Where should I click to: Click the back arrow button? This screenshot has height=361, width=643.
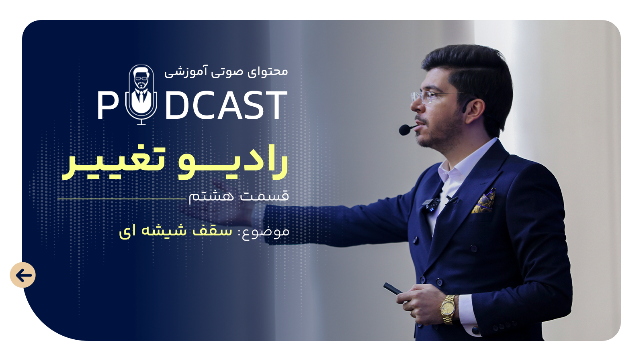(23, 275)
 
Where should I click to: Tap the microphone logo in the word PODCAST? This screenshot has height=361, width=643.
(141, 95)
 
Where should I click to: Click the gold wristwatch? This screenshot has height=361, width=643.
(448, 309)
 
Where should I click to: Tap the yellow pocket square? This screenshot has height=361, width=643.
(484, 201)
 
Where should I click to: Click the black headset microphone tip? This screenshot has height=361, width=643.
(405, 130)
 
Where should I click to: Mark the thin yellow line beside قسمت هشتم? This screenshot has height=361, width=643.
(121, 199)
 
